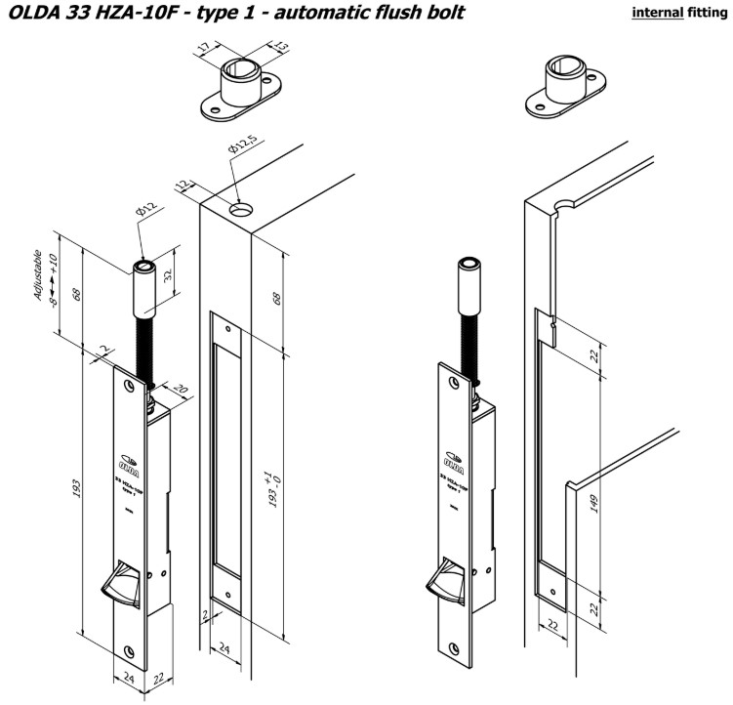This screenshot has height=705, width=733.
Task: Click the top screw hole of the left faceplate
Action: pyautogui.click(x=127, y=384)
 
